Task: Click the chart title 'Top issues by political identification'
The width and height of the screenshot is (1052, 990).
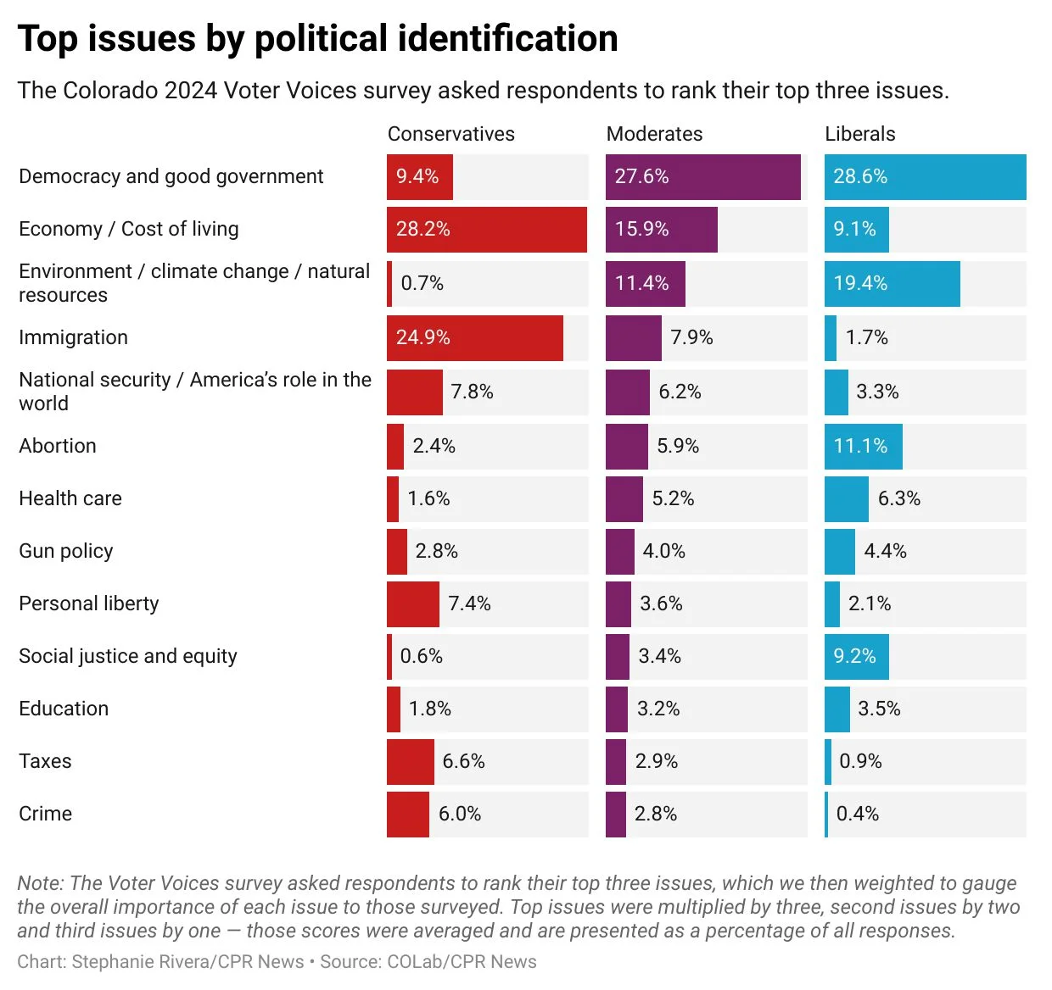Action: click(317, 39)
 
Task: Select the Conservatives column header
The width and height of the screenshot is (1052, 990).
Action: click(450, 134)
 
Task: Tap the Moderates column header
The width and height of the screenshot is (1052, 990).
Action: click(654, 134)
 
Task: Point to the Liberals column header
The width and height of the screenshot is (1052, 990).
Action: click(859, 134)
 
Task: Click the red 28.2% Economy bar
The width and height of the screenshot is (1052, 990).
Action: click(486, 230)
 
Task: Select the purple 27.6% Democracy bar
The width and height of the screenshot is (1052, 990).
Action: click(702, 177)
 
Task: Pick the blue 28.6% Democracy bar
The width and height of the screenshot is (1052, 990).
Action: click(925, 177)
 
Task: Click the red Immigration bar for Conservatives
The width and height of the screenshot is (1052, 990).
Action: click(474, 338)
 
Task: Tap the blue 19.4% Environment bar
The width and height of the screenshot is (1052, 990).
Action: click(892, 284)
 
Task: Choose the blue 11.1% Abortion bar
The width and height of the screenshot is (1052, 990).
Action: click(863, 447)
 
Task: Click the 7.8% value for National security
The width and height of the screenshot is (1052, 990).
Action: click(472, 392)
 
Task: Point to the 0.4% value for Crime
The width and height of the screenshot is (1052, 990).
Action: click(857, 815)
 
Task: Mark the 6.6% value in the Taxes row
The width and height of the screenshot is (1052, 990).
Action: click(463, 762)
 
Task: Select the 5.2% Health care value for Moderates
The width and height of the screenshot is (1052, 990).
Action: click(673, 499)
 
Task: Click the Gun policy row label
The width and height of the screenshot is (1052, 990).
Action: click(66, 552)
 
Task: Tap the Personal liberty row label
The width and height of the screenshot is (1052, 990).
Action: click(89, 604)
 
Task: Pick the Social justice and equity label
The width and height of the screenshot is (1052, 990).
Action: click(128, 657)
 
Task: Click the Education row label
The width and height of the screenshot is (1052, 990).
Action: click(64, 709)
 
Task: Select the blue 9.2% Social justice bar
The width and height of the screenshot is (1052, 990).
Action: click(856, 657)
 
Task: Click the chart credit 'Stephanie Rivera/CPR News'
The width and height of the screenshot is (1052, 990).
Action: click(187, 962)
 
